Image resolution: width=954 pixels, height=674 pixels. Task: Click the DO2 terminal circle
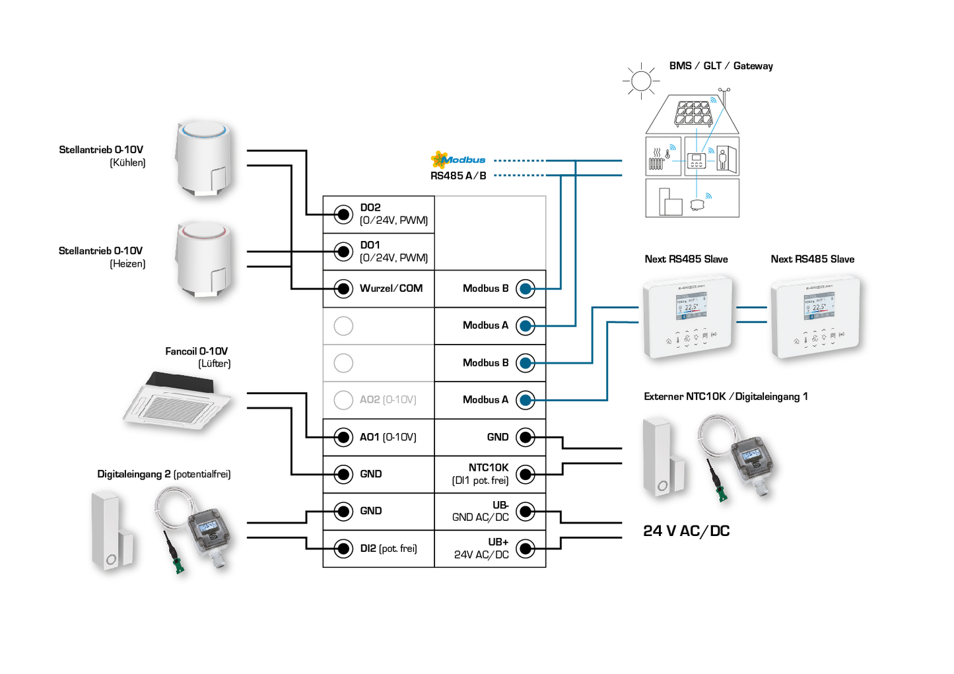click(343, 214)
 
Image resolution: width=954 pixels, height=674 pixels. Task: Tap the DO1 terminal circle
click(343, 252)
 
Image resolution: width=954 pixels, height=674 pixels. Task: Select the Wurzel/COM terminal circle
click(343, 288)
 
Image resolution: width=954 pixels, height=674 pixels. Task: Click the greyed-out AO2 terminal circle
click(343, 400)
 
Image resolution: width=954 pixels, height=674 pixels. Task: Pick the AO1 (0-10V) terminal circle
click(343, 437)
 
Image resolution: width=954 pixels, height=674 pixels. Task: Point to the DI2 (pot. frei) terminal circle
click(343, 549)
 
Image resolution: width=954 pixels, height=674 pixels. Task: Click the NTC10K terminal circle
click(526, 474)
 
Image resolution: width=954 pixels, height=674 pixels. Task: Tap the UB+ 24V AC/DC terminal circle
click(526, 549)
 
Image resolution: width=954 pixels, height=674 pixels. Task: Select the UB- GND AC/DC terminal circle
click(526, 511)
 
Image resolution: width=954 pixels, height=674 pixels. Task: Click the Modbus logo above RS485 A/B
click(458, 159)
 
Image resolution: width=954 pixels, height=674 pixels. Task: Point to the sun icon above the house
click(640, 81)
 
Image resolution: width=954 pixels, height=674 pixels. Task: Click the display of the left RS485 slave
click(691, 306)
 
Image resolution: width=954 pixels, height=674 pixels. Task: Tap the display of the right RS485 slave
click(818, 306)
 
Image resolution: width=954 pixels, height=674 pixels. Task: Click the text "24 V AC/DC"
click(686, 531)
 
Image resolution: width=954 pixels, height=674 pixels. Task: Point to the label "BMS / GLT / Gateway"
click(720, 66)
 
